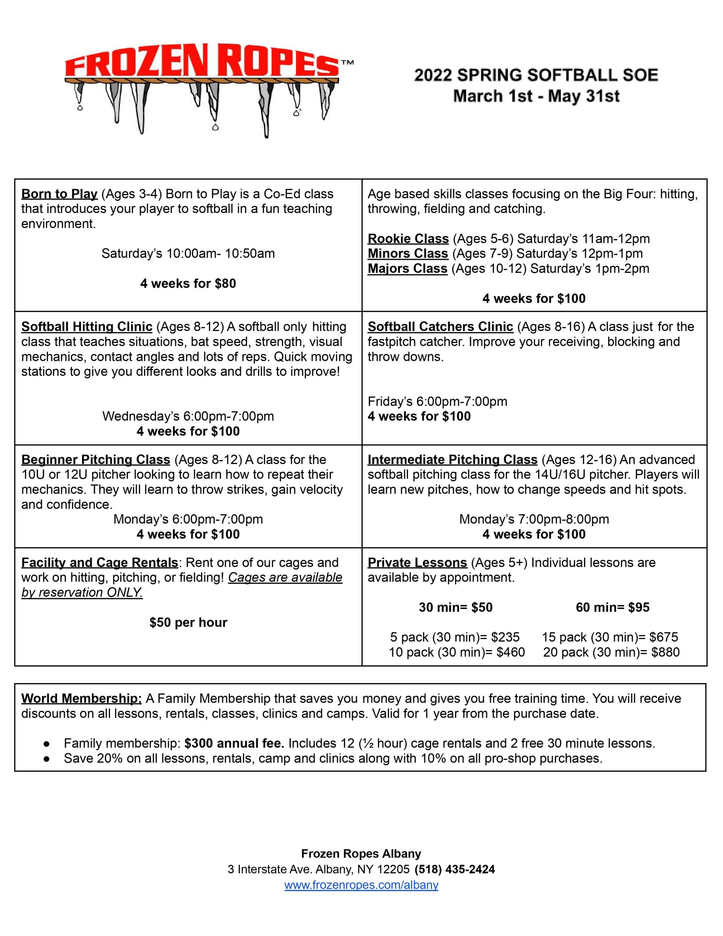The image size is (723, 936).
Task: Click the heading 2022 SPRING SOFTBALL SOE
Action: tap(536, 75)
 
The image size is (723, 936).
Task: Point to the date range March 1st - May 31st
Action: tap(536, 96)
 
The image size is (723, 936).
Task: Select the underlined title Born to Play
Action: tap(60, 194)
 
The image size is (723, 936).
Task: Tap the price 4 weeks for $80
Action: tap(188, 283)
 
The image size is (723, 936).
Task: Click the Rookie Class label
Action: tap(408, 239)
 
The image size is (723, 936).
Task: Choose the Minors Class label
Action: tap(408, 254)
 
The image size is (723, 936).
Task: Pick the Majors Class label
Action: tap(407, 269)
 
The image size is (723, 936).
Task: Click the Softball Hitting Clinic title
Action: tap(87, 327)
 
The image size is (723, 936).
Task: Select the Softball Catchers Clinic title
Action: tap(440, 327)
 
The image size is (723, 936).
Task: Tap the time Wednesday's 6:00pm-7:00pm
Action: tap(188, 416)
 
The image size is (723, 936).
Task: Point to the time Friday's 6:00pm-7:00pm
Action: tap(437, 401)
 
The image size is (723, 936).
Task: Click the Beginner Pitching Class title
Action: tap(95, 460)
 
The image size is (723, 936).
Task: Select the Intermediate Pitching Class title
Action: tap(452, 460)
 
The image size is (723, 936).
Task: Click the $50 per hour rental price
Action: tap(188, 622)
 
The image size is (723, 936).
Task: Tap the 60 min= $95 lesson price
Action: tap(612, 607)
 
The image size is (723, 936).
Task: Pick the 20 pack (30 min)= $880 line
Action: tap(611, 652)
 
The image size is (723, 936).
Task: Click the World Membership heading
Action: tap(82, 699)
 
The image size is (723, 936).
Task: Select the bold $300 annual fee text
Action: tap(234, 743)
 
